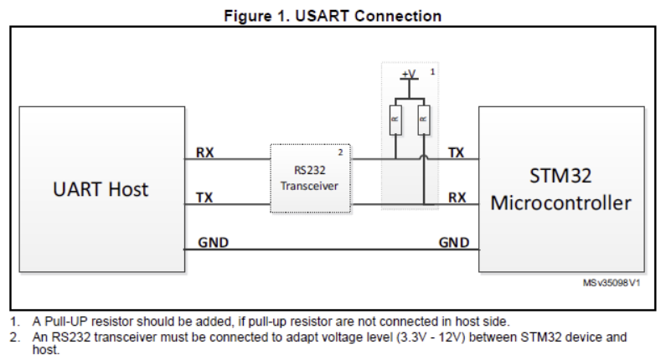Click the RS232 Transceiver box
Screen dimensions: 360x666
(x=309, y=178)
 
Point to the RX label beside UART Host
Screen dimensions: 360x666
(x=204, y=153)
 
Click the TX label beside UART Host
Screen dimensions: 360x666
(x=204, y=198)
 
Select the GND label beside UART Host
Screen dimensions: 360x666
(x=213, y=243)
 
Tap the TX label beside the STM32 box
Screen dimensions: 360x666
(x=457, y=153)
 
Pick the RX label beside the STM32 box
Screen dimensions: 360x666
(x=457, y=198)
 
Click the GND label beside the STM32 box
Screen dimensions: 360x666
(x=454, y=243)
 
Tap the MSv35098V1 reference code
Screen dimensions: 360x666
(x=612, y=284)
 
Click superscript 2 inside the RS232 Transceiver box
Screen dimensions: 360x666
(x=340, y=152)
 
